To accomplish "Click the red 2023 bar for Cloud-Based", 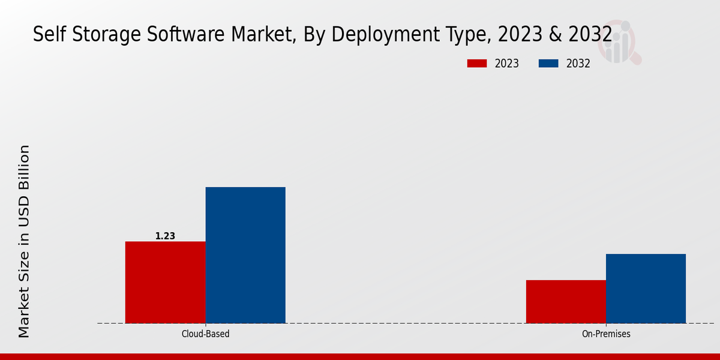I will [x=165, y=282].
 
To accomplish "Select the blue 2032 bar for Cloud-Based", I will [x=245, y=255].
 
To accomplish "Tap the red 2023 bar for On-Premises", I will [x=566, y=301].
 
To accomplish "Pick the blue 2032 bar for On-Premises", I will [x=646, y=288].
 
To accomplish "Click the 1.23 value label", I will [x=165, y=236].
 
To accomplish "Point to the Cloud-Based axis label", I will [x=205, y=334].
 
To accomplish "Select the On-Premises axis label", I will [x=606, y=334].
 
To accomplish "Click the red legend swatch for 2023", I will [x=477, y=64].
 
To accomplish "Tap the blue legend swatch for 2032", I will [x=549, y=64].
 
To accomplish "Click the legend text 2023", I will [x=507, y=64].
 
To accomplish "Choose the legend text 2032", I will [x=578, y=64].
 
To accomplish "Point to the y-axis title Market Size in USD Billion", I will [x=24, y=241].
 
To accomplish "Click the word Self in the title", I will [x=45, y=35].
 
